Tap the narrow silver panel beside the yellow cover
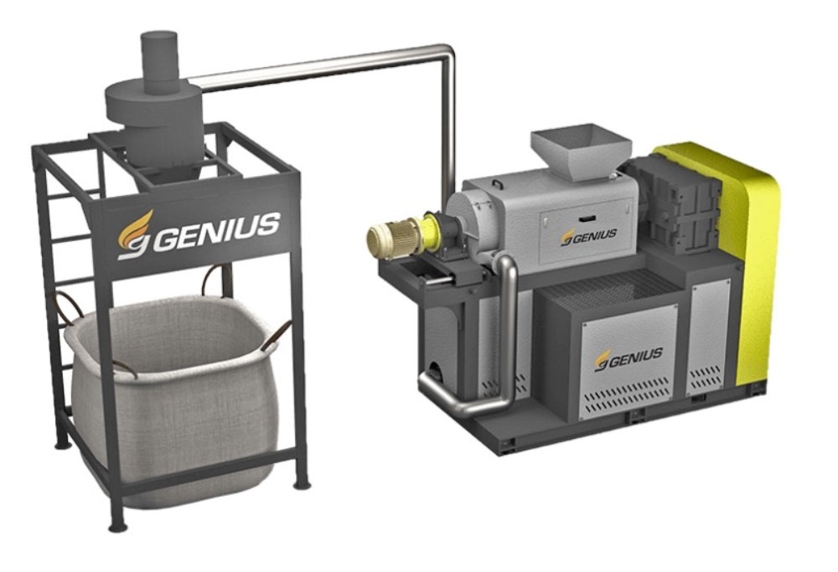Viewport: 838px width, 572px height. (x=708, y=335)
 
